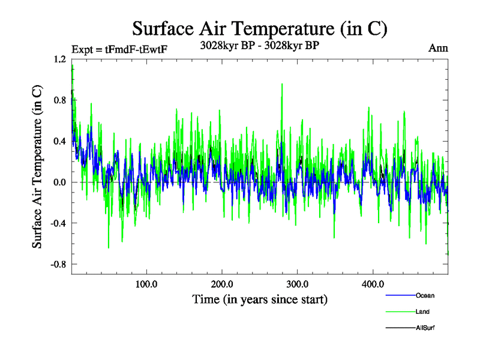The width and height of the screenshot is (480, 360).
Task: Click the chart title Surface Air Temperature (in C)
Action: click(x=260, y=29)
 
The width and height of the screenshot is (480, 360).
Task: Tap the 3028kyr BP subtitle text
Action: click(x=260, y=44)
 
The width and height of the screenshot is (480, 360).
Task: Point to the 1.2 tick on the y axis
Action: click(x=60, y=59)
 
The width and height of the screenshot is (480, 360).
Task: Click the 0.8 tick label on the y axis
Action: click(x=60, y=100)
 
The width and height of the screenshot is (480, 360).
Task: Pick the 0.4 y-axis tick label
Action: click(x=60, y=141)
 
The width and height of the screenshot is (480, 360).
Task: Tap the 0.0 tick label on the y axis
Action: click(x=60, y=182)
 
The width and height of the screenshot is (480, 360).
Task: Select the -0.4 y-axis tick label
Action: click(x=59, y=223)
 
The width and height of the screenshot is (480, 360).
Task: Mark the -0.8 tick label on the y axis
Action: click(x=59, y=264)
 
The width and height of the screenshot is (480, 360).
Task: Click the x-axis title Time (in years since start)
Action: click(x=260, y=299)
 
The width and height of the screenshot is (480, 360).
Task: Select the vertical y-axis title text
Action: click(x=37, y=167)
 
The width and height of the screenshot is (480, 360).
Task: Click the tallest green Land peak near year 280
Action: click(x=282, y=85)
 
